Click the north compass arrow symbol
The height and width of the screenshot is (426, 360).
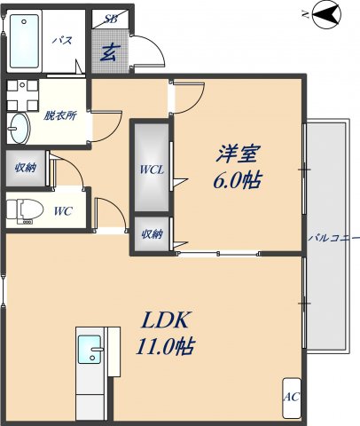[325, 13]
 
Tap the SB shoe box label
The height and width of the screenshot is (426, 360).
[113, 19]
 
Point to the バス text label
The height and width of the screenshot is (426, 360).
[62, 41]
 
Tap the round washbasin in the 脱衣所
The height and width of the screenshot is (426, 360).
[19, 130]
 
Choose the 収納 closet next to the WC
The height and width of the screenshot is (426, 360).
[24, 168]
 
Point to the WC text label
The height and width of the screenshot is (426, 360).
[62, 210]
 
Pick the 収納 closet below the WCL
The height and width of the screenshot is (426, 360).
[152, 234]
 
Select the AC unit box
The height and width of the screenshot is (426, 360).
[291, 398]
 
